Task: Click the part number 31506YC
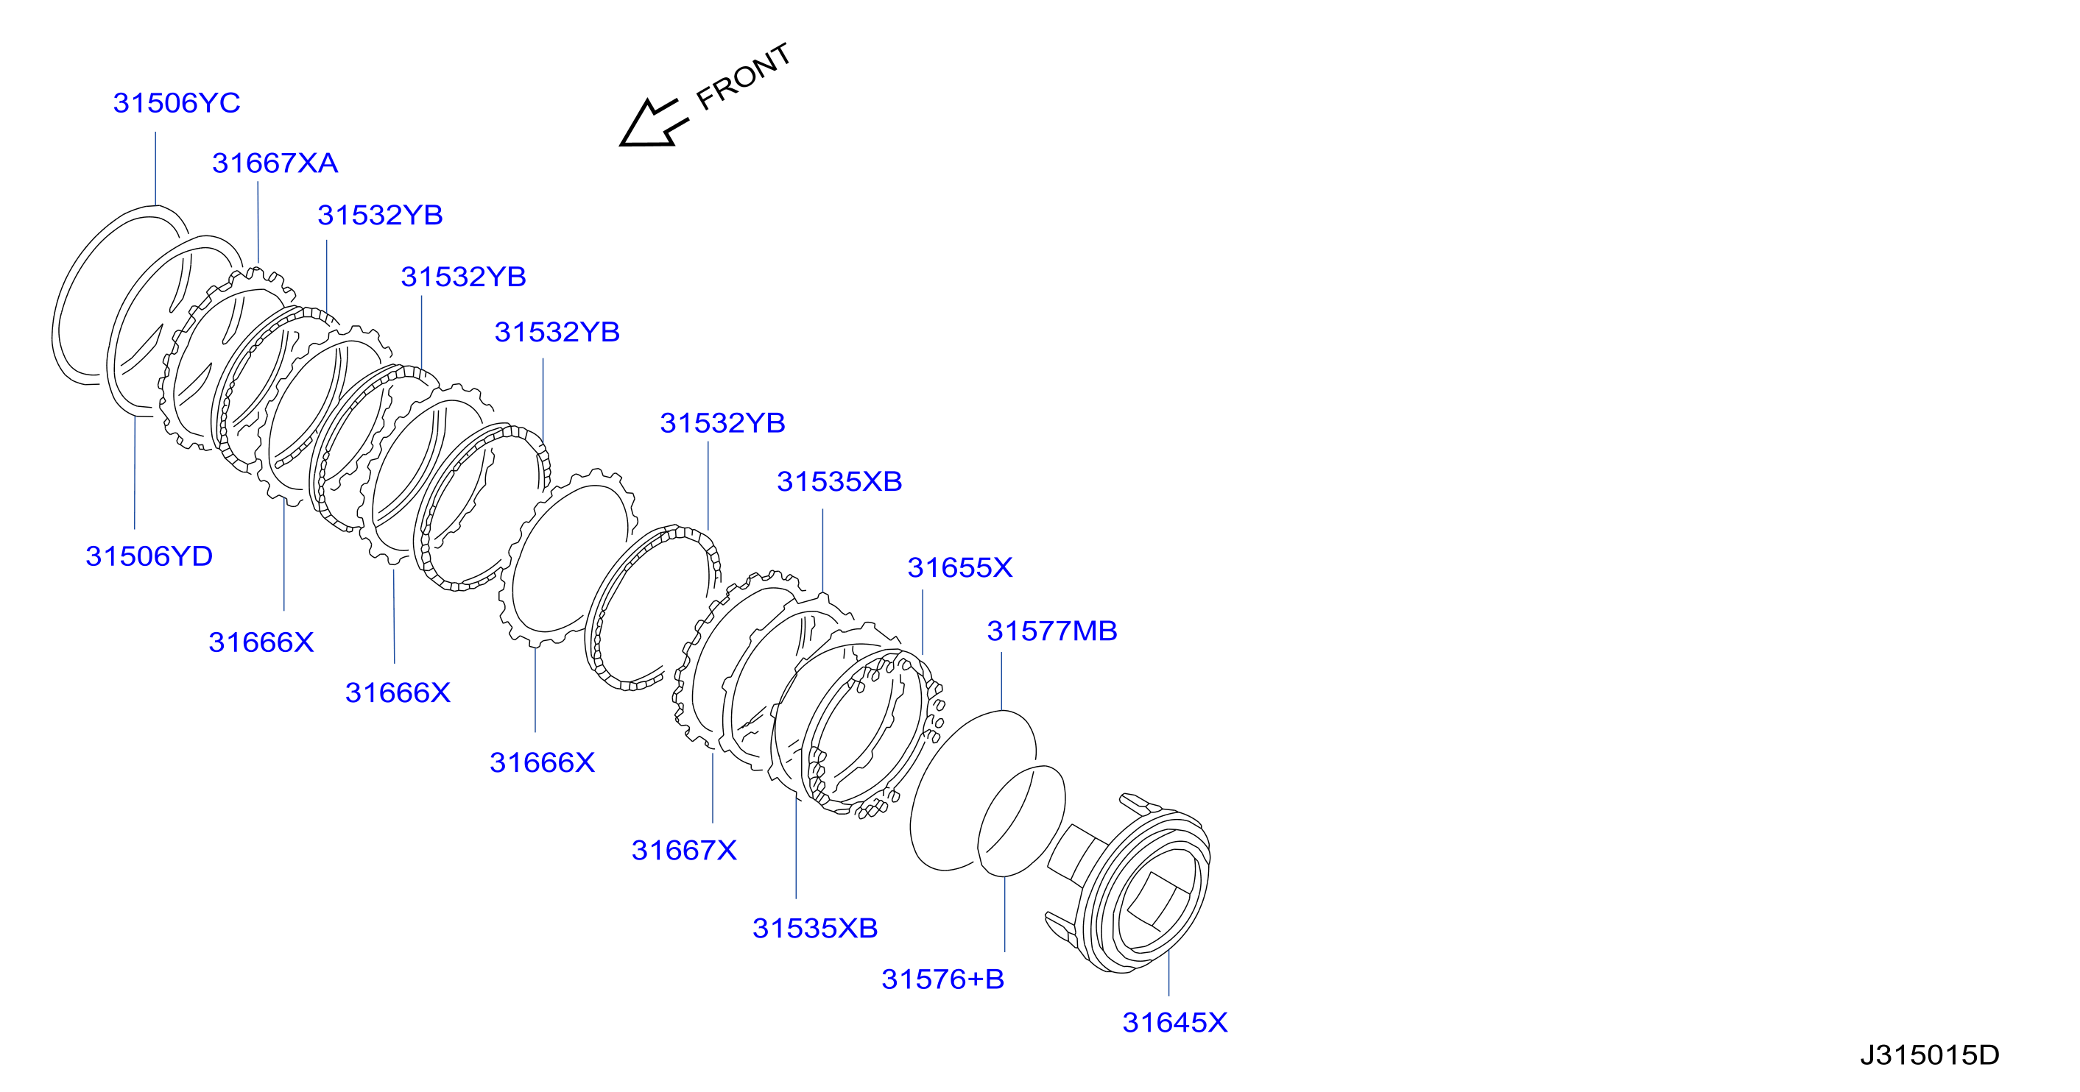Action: [177, 103]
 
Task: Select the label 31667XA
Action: [275, 163]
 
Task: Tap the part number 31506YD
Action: [149, 556]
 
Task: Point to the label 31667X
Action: [684, 850]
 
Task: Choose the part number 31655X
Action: [959, 567]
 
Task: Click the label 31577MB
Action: [1051, 631]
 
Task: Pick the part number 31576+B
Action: [942, 979]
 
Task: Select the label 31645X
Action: [1174, 1023]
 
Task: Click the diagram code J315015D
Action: [1929, 1055]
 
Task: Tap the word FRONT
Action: [743, 77]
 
